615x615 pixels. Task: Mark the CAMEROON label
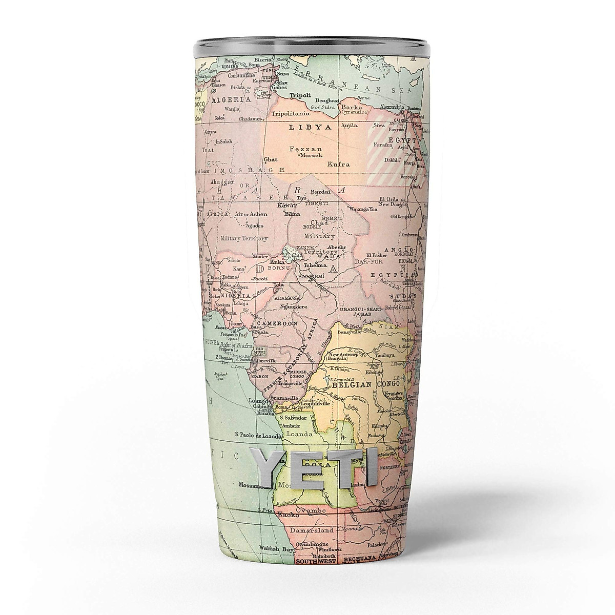(277, 324)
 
